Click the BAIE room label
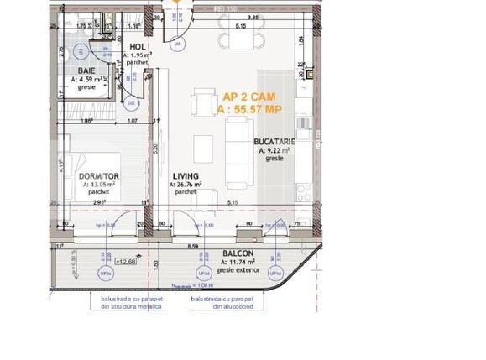(86, 71)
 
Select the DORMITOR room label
(97, 176)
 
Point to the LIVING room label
(186, 176)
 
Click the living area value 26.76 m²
(186, 184)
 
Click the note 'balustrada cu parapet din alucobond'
(221, 303)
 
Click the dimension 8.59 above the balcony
(193, 246)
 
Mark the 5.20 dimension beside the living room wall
(156, 151)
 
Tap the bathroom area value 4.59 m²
(85, 80)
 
